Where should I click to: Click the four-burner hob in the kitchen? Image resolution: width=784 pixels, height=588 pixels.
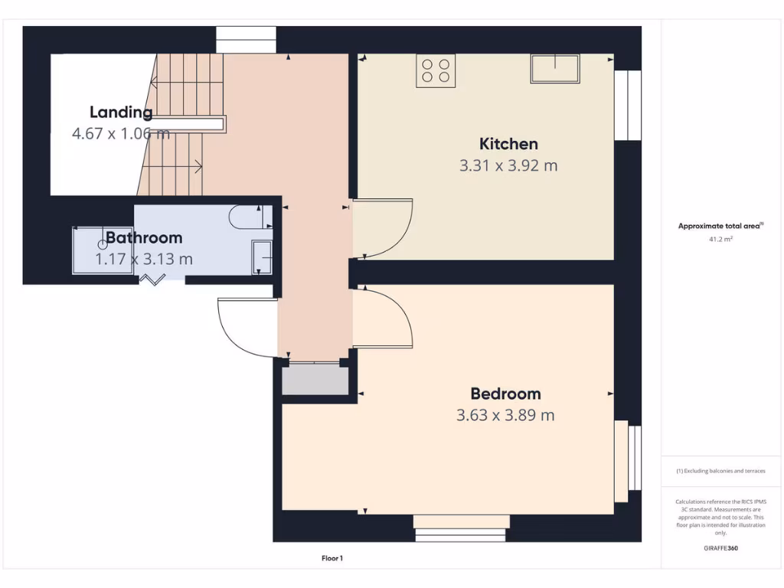click(436, 71)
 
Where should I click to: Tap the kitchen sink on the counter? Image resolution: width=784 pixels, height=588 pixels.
click(555, 69)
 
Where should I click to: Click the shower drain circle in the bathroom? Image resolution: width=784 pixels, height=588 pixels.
click(102, 243)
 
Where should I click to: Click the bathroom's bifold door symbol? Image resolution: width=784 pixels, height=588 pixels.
click(152, 281)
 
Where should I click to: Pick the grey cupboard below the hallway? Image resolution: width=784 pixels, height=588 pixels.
click(315, 381)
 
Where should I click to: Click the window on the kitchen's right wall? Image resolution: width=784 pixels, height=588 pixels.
click(628, 106)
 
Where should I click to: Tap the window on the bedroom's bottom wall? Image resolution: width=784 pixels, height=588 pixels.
click(460, 528)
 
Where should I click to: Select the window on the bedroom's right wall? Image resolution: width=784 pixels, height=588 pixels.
click(628, 455)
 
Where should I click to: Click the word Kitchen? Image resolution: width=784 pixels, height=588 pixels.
click(508, 144)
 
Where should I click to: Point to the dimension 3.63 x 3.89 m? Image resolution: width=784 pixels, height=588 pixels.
click(505, 416)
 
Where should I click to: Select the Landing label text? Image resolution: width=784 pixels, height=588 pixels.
click(121, 113)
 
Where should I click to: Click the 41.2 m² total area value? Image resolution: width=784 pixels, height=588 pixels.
click(720, 240)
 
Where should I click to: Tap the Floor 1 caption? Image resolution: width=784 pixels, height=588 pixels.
click(332, 559)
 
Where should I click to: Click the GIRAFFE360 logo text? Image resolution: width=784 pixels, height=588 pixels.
click(720, 548)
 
